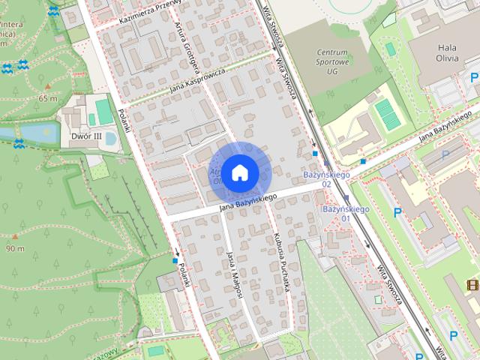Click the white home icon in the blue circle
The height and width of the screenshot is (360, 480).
(239, 172)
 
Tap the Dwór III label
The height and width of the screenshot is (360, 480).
(86, 136)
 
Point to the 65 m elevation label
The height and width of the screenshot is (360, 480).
(48, 98)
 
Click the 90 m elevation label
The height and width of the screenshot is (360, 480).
(16, 248)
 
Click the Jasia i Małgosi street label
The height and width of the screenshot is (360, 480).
(233, 274)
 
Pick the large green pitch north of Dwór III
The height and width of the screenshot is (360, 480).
(102, 112)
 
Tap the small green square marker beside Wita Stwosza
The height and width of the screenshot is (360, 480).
(391, 48)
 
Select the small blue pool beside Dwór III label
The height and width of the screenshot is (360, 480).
(110, 139)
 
